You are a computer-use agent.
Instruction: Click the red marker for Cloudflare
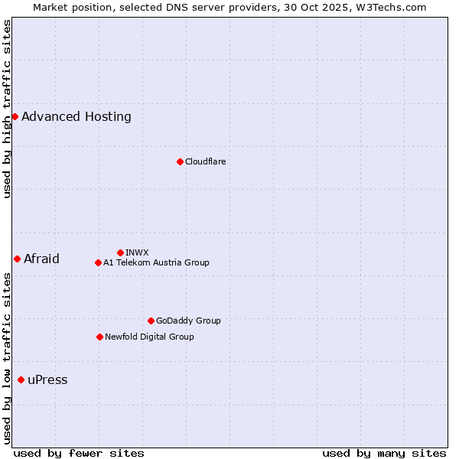click(x=180, y=161)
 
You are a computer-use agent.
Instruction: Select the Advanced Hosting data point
click(x=15, y=116)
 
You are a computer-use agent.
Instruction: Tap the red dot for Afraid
click(x=17, y=259)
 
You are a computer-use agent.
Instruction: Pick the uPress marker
click(x=21, y=380)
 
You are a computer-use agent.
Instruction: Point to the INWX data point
click(x=120, y=252)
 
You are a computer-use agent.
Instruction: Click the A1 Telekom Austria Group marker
click(x=98, y=262)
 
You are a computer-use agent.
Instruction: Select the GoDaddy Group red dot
click(x=151, y=321)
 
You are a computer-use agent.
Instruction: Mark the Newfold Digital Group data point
click(x=99, y=337)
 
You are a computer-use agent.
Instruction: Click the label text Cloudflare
click(x=205, y=161)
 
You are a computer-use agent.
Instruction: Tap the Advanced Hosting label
click(x=76, y=116)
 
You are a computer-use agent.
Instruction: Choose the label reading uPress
click(x=47, y=380)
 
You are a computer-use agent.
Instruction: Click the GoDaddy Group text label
click(x=188, y=321)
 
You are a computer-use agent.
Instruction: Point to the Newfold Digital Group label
click(x=149, y=337)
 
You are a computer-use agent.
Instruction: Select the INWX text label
click(x=137, y=252)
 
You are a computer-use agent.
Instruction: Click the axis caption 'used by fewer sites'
click(x=79, y=453)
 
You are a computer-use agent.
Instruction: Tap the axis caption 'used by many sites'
click(x=384, y=453)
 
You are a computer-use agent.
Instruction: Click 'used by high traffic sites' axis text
click(x=8, y=109)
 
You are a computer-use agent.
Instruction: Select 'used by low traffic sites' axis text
click(x=8, y=358)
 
